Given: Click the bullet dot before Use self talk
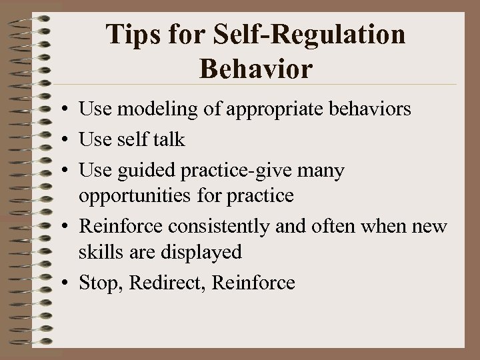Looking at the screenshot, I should (x=69, y=141).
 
